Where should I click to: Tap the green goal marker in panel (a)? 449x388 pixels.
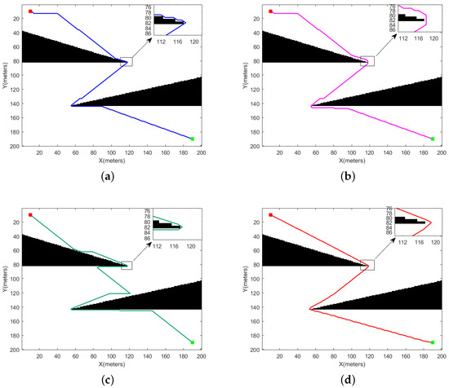tap(192, 139)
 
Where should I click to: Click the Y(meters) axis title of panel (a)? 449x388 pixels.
tap(5, 78)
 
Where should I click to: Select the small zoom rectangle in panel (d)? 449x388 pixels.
tap(367, 265)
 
